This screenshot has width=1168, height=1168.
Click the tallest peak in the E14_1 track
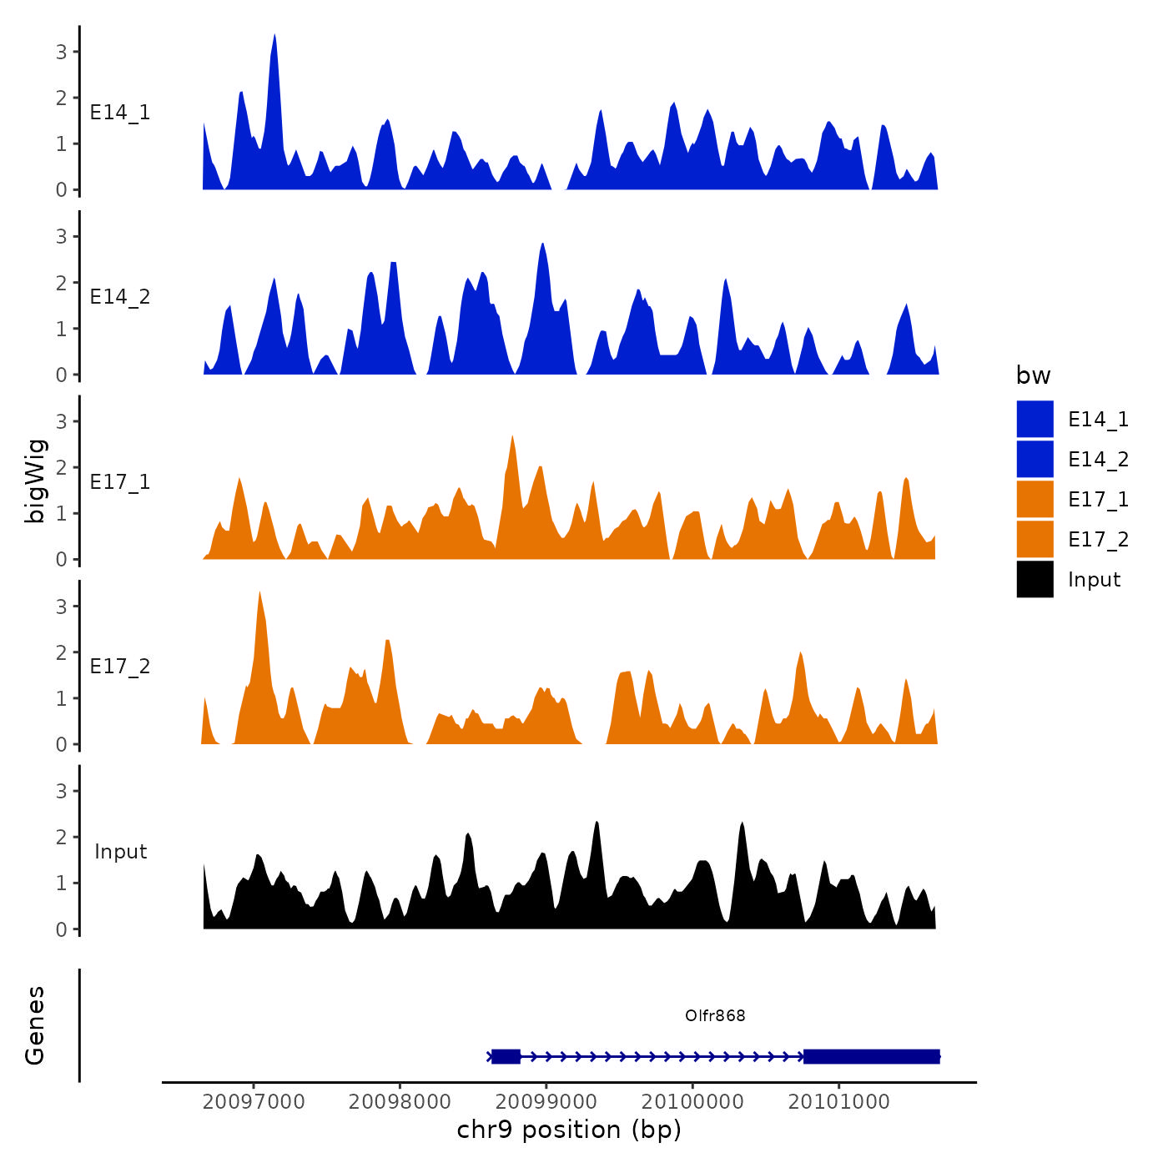[x=274, y=37]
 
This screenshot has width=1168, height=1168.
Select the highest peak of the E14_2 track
[x=542, y=245]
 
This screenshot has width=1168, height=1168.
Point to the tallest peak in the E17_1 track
[x=512, y=437]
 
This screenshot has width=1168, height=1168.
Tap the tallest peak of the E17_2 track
[x=260, y=593]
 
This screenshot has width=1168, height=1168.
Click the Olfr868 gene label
[x=715, y=1015]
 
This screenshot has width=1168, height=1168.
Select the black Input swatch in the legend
[x=1035, y=579]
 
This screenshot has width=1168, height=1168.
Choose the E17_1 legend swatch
[x=1035, y=499]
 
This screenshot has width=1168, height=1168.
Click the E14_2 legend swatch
[x=1035, y=459]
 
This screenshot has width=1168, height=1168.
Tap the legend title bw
[x=1033, y=375]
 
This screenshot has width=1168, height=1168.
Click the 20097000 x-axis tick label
[x=254, y=1101]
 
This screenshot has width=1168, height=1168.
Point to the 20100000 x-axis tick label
[x=692, y=1101]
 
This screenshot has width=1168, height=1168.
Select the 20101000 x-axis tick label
[x=838, y=1101]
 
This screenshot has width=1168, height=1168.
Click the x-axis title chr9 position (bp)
[x=569, y=1130]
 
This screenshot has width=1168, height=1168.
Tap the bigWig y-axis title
[x=36, y=481]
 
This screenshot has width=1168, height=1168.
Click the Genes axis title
[x=35, y=1025]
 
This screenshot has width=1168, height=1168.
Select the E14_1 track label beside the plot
[x=120, y=113]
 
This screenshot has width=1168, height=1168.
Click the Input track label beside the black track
[x=121, y=852]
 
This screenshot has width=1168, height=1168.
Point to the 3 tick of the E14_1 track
[x=62, y=52]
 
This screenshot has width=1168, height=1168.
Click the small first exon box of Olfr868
[x=506, y=1056]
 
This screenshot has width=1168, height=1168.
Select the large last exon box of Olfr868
[x=871, y=1056]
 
